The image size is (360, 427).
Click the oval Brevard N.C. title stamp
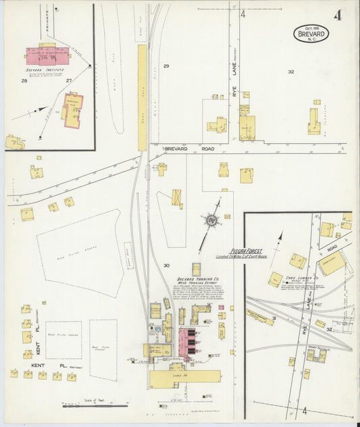(311, 33)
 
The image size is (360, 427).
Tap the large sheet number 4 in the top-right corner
(337, 15)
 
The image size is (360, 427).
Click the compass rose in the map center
(211, 220)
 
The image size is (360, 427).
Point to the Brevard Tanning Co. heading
(195, 279)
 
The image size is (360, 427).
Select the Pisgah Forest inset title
(246, 250)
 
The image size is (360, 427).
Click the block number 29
(165, 66)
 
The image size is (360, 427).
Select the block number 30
(165, 266)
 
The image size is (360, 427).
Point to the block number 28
(24, 81)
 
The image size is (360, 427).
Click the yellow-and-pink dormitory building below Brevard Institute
(72, 109)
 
